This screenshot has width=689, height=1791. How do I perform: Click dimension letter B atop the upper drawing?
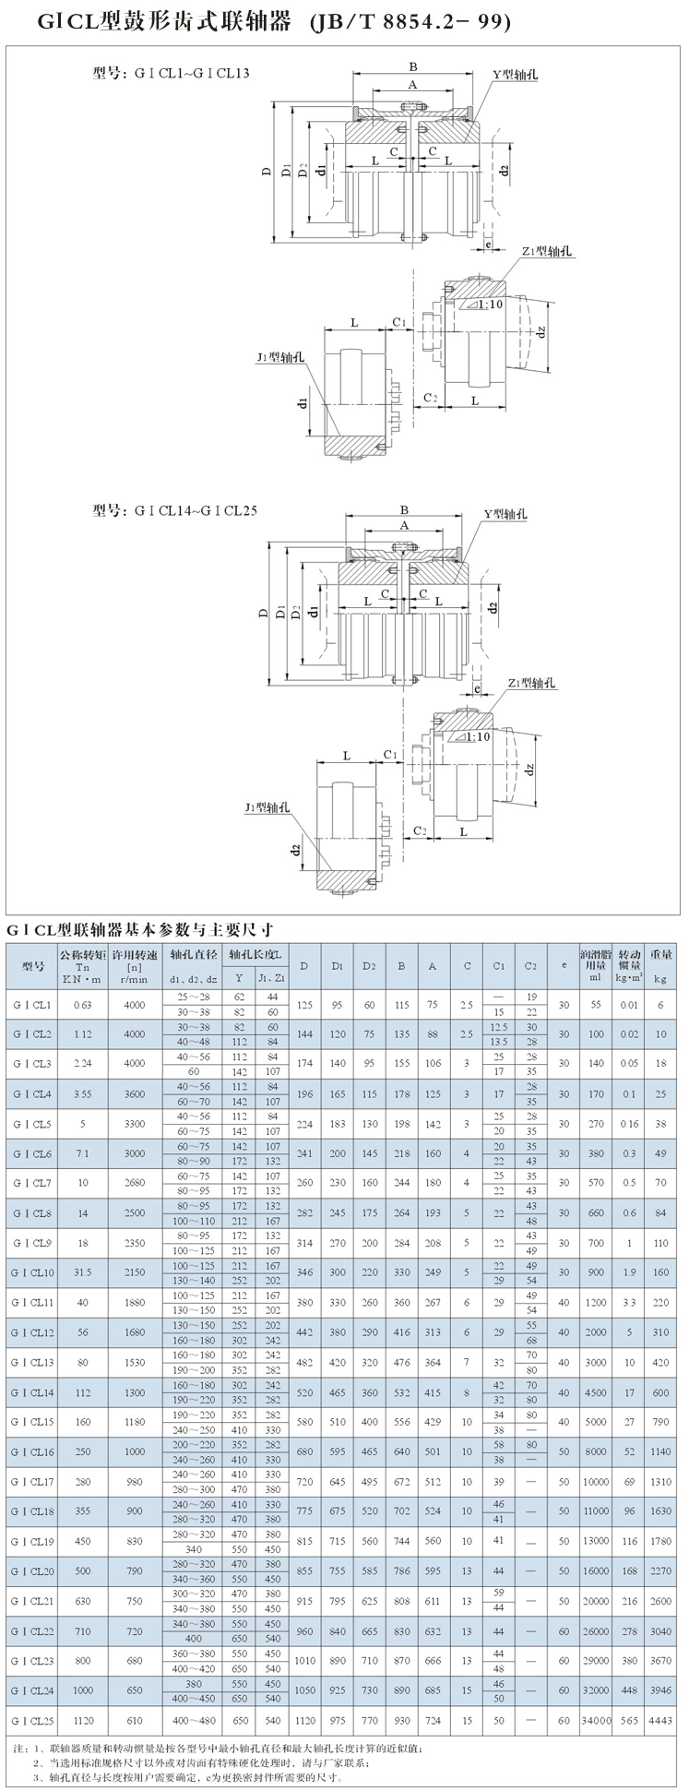(x=413, y=66)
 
